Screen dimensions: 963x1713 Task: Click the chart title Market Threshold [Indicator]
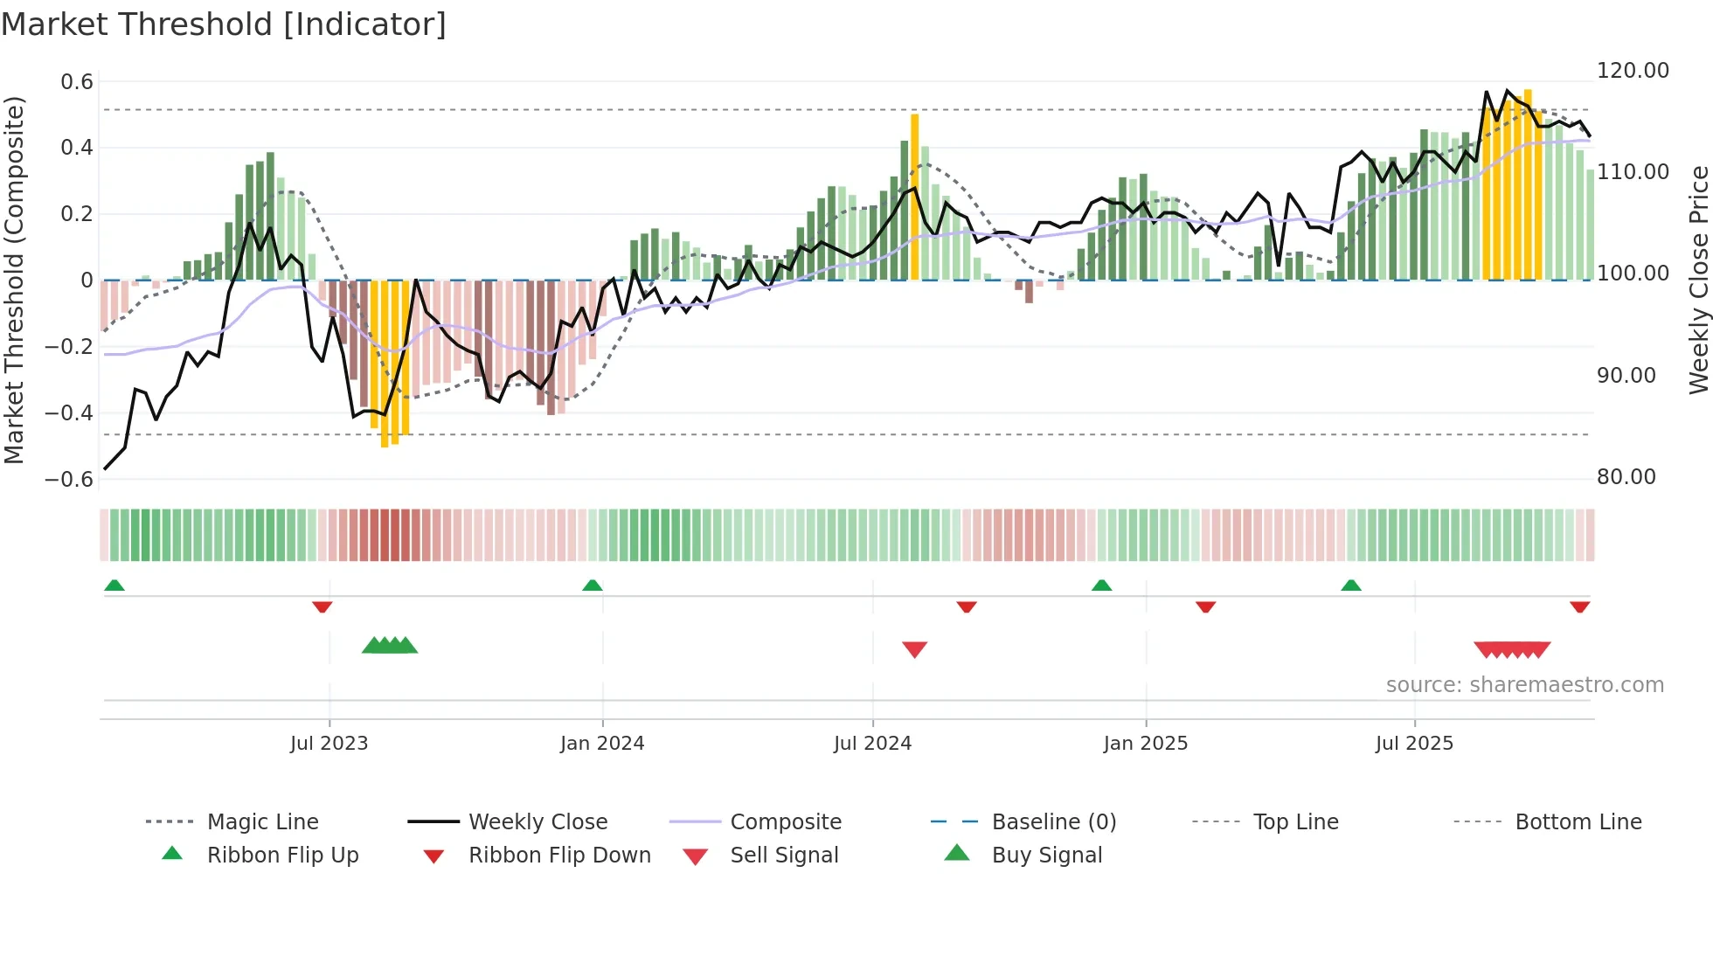224,24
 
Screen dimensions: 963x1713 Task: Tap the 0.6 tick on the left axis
77,82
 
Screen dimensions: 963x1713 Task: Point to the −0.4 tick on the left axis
69,412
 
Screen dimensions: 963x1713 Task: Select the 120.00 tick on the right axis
1633,71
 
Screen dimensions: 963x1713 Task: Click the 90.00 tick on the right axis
1626,376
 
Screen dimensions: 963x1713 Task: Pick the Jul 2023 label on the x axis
329,744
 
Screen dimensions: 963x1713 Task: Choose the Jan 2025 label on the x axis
1145,744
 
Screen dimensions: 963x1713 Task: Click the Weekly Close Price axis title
1698,280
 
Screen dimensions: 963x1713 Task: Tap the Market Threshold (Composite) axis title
14,280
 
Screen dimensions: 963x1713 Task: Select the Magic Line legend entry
262,822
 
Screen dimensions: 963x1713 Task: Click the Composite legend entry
785,822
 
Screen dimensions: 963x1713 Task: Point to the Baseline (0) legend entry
1053,822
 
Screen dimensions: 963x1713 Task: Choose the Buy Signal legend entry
1046,856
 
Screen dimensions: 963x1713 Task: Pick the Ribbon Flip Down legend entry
559,856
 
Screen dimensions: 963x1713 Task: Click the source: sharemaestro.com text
1524,685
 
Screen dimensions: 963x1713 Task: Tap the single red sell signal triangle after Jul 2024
914,649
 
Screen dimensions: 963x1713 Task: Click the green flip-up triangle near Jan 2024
593,585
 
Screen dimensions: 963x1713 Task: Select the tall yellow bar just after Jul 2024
914,197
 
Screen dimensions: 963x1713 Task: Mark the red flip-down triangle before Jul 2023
322,606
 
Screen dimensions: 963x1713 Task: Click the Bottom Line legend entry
1578,822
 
